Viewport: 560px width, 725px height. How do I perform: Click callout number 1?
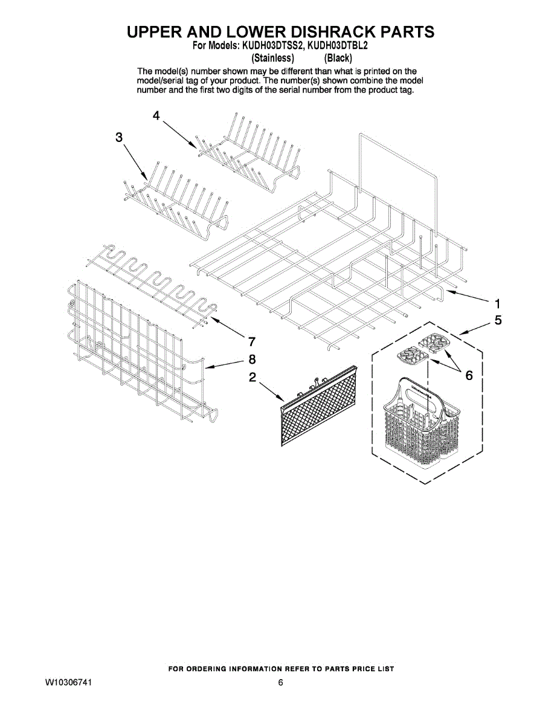498,303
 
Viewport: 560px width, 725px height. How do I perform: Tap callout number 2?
253,378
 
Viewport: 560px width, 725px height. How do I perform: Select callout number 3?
119,138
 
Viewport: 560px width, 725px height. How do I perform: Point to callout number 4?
156,116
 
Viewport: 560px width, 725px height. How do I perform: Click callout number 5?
498,320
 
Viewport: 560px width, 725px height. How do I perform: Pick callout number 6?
468,376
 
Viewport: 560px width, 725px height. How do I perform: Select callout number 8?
253,359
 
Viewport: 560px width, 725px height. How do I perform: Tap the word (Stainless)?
272,58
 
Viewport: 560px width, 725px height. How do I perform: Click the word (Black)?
338,58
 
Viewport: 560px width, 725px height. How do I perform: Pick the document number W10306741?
68,683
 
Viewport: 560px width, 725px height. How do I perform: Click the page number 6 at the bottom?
280,683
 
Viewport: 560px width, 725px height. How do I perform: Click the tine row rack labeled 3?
175,199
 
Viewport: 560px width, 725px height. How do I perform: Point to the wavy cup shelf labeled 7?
151,284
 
